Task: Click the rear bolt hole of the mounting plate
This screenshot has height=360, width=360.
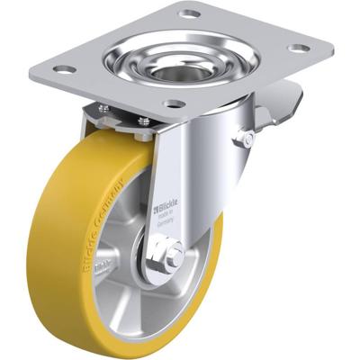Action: click(x=189, y=14)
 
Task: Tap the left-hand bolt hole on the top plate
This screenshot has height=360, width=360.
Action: click(x=63, y=69)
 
